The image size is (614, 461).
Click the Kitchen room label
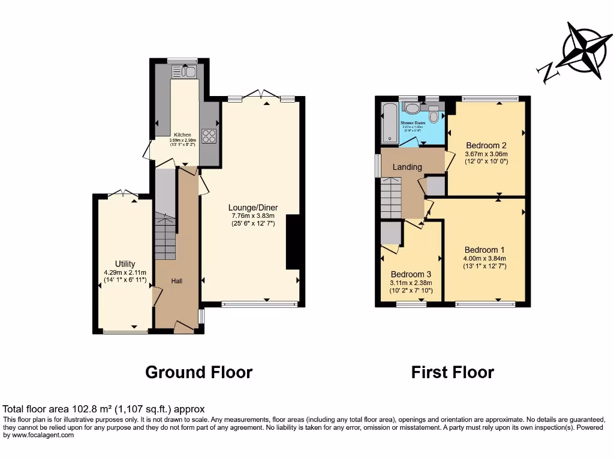(182, 135)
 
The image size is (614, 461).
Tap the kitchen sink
(185, 72)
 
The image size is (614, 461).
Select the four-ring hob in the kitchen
(209, 136)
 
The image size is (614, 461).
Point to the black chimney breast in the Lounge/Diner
(293, 242)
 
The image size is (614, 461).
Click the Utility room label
(125, 264)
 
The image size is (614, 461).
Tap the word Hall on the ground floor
(177, 281)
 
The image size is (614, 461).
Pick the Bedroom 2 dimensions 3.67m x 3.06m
(486, 154)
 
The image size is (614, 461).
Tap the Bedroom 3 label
(411, 275)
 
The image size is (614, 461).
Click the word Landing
(407, 167)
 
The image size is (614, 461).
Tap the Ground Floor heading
(198, 372)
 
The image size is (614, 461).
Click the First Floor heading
(452, 372)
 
